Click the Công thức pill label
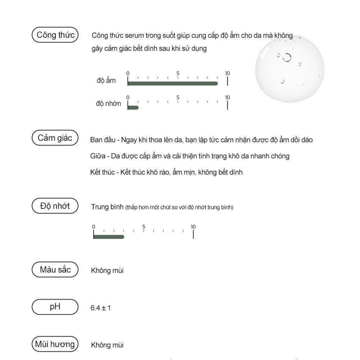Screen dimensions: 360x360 pyautogui.click(x=55, y=35)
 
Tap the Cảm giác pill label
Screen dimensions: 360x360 pyautogui.click(x=55, y=138)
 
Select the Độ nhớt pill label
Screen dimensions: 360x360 pyautogui.click(x=55, y=206)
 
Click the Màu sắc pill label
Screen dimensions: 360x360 pyautogui.click(x=55, y=270)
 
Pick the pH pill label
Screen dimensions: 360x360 pyautogui.click(x=55, y=307)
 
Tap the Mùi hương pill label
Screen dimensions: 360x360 pyautogui.click(x=55, y=344)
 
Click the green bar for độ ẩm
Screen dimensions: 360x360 pyautogui.click(x=173, y=84)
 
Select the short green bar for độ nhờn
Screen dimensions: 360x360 pyautogui.click(x=133, y=107)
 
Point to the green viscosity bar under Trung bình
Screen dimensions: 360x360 pyautogui.click(x=109, y=237)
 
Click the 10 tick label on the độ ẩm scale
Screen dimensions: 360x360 pyautogui.click(x=227, y=73)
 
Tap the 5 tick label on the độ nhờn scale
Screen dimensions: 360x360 pyautogui.click(x=178, y=98)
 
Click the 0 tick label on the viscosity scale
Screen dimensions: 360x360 pyautogui.click(x=94, y=227)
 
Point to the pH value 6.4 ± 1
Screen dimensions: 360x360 pyautogui.click(x=101, y=308)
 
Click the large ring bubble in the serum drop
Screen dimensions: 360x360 pyautogui.click(x=287, y=58)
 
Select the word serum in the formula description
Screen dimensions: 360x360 pyautogui.click(x=134, y=36)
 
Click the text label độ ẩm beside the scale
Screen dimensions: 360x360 pyautogui.click(x=106, y=81)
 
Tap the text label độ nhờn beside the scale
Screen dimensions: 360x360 pyautogui.click(x=108, y=104)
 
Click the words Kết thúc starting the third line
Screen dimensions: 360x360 pyautogui.click(x=103, y=172)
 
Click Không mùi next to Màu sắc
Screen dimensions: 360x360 pyautogui.click(x=107, y=270)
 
